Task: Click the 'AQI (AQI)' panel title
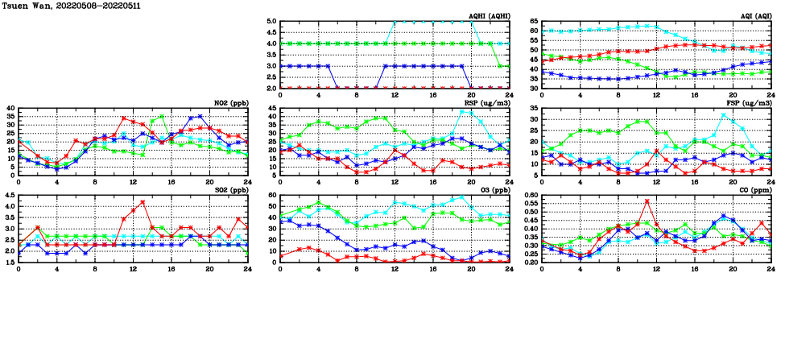pyautogui.click(x=753, y=15)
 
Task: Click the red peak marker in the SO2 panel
pyautogui.click(x=143, y=202)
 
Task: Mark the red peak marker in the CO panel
pyautogui.click(x=647, y=201)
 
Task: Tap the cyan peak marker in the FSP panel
pyautogui.click(x=723, y=114)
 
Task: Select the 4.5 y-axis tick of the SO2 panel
pyautogui.click(x=10, y=195)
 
